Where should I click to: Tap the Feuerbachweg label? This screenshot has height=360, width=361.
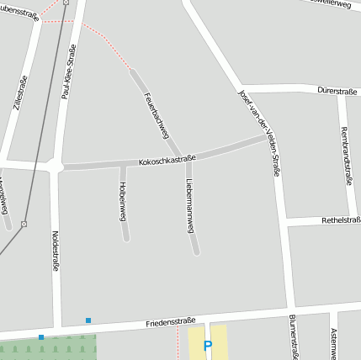point(157,115)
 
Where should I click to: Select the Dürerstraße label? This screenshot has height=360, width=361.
point(337,91)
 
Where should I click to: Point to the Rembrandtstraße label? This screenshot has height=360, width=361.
point(348,149)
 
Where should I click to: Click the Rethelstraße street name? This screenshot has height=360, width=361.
point(341,220)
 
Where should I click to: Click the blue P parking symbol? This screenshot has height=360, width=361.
point(208,345)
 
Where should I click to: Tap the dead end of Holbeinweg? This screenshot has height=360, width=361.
point(126,238)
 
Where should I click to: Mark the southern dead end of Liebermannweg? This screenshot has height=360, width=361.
point(196,251)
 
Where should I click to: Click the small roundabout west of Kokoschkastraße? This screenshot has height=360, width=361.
point(56,167)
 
